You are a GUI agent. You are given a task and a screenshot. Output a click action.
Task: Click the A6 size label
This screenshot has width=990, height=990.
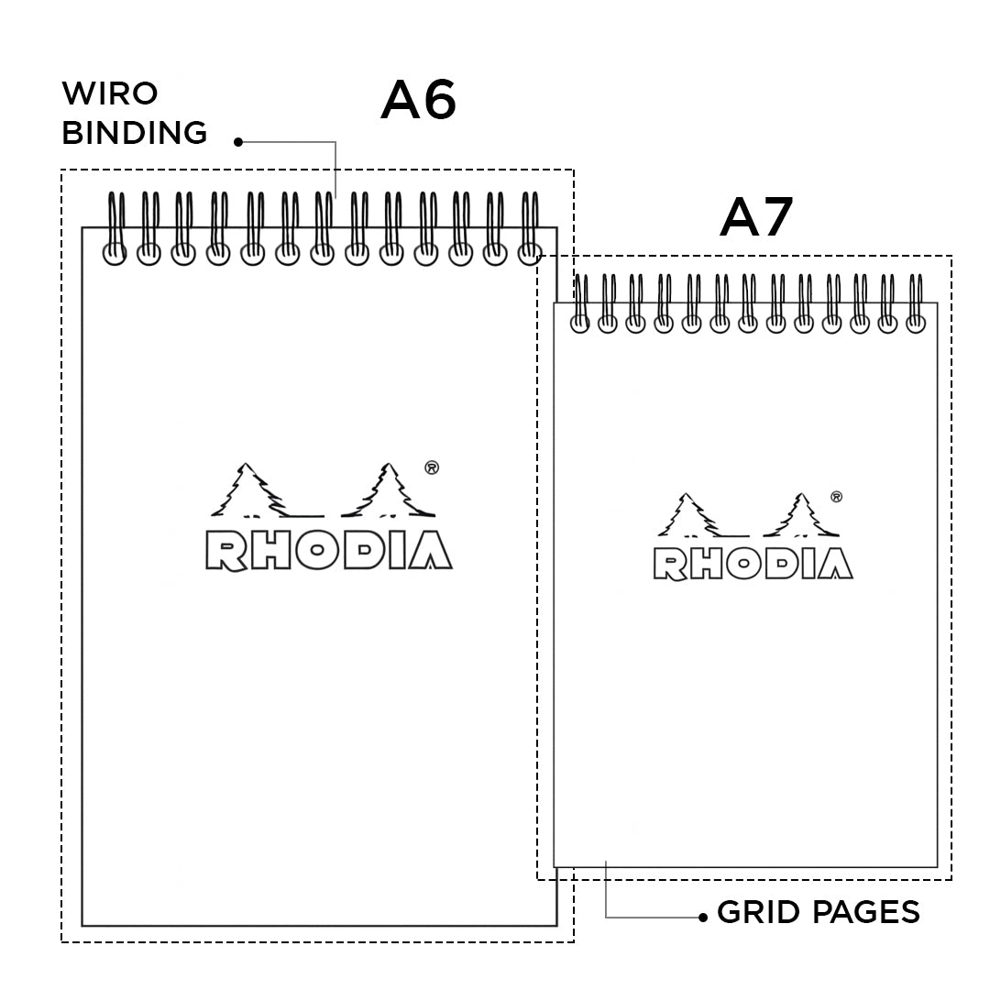[418, 100]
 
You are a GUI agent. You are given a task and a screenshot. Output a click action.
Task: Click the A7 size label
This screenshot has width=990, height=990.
[756, 217]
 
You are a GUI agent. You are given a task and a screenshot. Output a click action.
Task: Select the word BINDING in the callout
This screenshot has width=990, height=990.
[135, 133]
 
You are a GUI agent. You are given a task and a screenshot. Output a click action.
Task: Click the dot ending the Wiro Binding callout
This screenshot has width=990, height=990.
[237, 142]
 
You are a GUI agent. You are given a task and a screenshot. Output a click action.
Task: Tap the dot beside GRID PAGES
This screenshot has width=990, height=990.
[703, 916]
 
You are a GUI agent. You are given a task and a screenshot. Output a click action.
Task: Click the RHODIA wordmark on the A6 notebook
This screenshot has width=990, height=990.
[329, 550]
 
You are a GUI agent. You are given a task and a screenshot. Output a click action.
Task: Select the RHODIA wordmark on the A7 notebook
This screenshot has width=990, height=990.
[753, 564]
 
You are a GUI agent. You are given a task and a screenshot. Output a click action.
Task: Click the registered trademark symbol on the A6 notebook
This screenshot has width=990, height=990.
[432, 467]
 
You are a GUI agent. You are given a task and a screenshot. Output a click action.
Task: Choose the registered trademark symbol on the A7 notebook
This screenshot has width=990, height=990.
[836, 497]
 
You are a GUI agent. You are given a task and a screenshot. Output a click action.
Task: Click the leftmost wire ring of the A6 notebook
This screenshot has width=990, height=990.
[115, 229]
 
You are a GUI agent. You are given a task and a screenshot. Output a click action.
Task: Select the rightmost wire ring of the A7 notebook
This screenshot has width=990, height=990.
[915, 303]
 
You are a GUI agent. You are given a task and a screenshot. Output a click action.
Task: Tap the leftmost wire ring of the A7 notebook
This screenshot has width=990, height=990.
[579, 303]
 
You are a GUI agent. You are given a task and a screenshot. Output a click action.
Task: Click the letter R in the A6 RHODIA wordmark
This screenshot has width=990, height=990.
[225, 550]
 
